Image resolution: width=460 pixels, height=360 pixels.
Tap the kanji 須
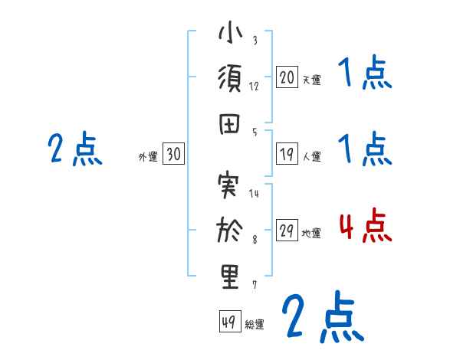pos(231,80)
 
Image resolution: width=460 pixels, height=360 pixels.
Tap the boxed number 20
pos(287,77)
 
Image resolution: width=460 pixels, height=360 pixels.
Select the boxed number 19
pos(287,154)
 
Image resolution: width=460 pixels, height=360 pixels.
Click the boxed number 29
pos(287,231)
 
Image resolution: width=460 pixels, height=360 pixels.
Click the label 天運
pos(311,80)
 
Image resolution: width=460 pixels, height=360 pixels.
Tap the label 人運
pos(311,157)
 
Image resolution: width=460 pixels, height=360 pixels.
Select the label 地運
pos(311,234)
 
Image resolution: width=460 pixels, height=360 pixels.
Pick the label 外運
pos(148,157)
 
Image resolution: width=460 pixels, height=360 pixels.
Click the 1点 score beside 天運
pos(365,74)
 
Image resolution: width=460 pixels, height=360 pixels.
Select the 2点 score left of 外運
pos(75,149)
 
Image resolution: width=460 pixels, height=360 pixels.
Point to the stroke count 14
pos(255,193)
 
